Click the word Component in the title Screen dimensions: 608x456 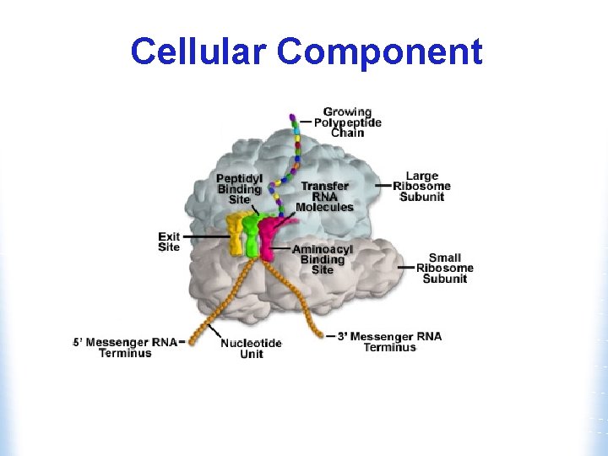(379, 53)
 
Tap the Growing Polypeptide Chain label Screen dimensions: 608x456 (347, 122)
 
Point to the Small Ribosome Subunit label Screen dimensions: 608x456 (444, 269)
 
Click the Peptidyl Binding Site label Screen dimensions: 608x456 (239, 189)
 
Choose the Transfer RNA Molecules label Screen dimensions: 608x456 (324, 197)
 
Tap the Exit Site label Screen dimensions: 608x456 (169, 242)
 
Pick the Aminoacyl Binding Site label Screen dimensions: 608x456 (322, 259)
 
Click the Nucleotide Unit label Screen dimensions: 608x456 (251, 349)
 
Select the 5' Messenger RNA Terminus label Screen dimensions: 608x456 (124, 347)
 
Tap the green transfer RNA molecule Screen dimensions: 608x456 (251, 235)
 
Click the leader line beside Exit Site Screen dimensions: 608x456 (204, 236)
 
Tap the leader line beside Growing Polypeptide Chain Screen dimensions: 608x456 (306, 122)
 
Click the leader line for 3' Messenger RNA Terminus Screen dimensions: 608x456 (331, 336)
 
